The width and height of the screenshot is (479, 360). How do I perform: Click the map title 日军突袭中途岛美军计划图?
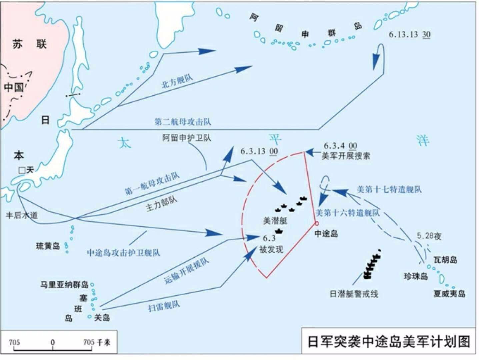pos(388,342)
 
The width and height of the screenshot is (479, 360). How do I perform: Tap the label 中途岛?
pos(326,234)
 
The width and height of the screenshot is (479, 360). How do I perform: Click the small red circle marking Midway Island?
pos(317,223)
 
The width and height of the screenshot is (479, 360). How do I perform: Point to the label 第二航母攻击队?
pos(182,122)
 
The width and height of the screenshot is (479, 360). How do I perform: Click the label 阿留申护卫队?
pos(187,138)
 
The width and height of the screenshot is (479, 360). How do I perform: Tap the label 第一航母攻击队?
pos(152,184)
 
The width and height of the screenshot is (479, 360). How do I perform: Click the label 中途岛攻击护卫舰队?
pos(123,252)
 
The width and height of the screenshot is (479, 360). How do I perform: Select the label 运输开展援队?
pos(186,271)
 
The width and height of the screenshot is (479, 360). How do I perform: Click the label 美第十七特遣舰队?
pos(389,189)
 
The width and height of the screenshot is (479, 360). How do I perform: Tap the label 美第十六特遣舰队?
pos(347,213)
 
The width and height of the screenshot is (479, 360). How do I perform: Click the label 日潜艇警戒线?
pos(354,294)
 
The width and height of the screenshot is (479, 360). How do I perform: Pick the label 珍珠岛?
pos(416,276)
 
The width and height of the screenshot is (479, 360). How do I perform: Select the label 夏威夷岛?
pos(449,294)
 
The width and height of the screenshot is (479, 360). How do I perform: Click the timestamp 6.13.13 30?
pos(409,34)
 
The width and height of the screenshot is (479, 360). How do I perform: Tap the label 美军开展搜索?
pos(346,156)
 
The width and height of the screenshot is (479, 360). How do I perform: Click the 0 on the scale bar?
pos(53,342)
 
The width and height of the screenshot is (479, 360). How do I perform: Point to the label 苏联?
pos(29,44)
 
